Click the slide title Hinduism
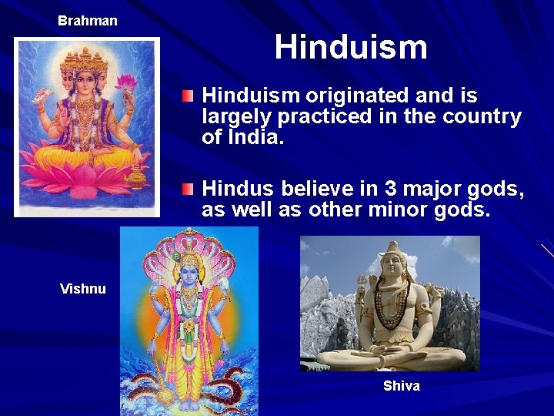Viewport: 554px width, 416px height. (351, 47)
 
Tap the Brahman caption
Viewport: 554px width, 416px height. (88, 21)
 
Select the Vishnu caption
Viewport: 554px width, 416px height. (83, 289)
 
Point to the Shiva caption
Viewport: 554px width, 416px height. (401, 386)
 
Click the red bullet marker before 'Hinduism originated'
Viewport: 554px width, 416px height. (188, 96)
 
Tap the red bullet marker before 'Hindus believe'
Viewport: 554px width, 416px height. (188, 189)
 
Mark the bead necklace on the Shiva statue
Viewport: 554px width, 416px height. (392, 305)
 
